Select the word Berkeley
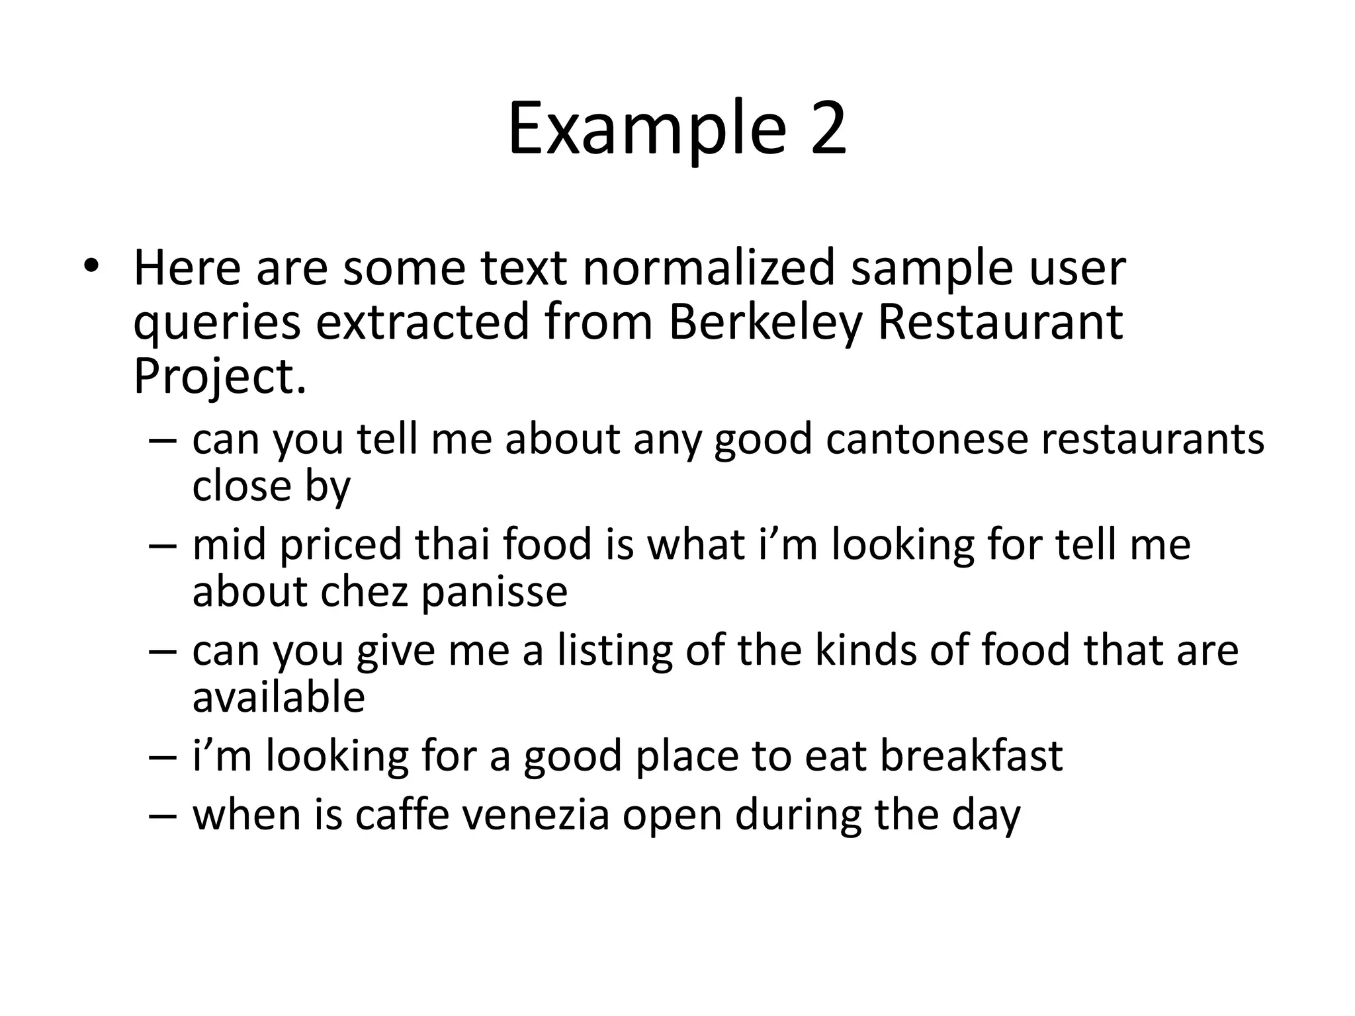point(765,322)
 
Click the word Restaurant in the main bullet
point(999,322)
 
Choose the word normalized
point(708,267)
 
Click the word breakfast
point(971,756)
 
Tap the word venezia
point(535,815)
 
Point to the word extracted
point(423,322)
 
